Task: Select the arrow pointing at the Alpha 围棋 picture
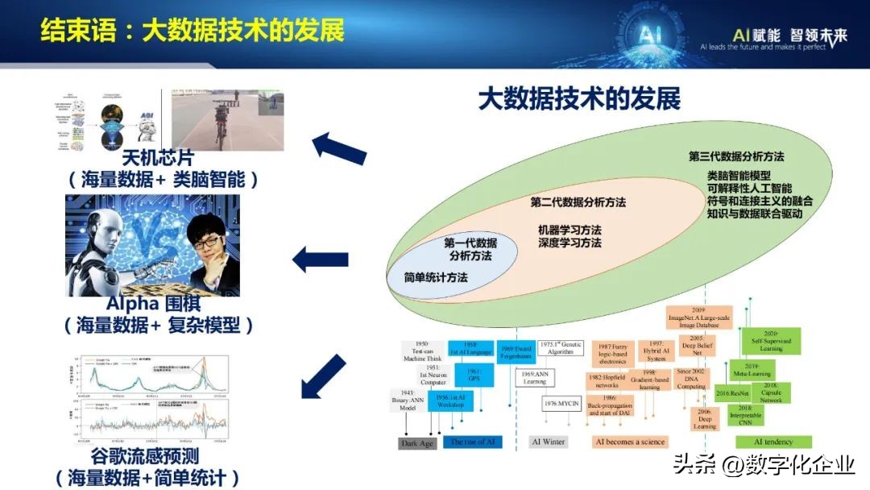[320, 260]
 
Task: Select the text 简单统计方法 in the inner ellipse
[436, 277]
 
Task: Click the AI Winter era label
[548, 442]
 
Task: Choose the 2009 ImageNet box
[698, 317]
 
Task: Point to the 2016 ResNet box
[733, 393]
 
